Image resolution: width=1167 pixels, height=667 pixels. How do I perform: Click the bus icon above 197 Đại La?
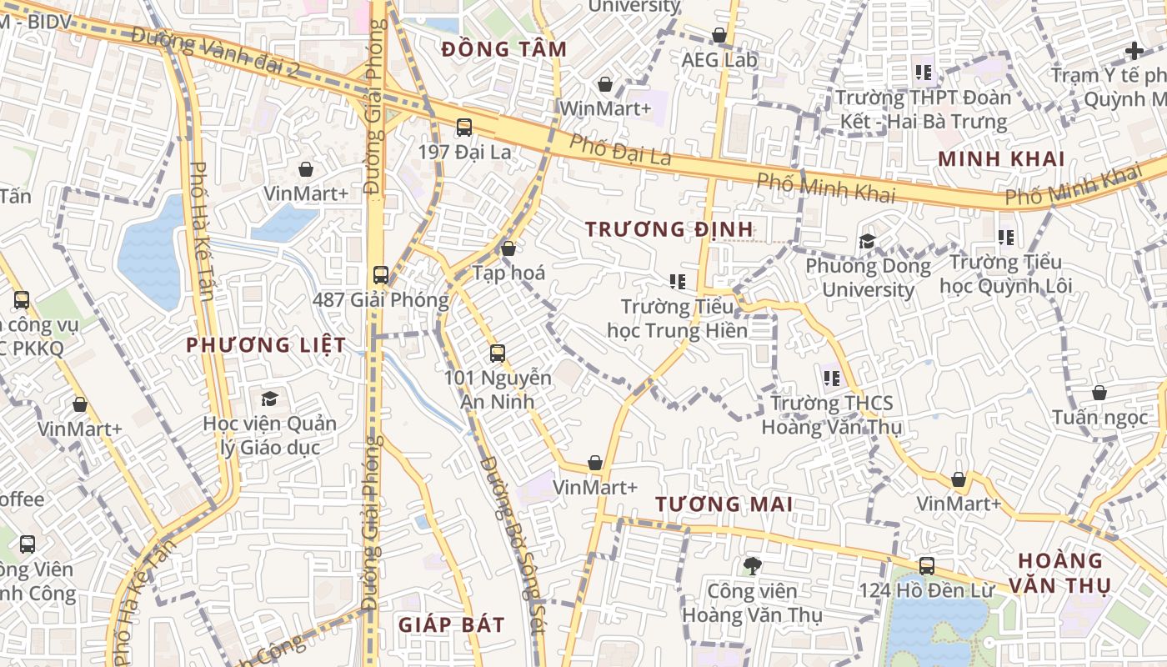pos(464,128)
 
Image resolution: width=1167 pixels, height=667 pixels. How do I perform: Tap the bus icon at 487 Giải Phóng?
pos(381,274)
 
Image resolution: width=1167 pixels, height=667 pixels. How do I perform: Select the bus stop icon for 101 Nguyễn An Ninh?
pos(498,353)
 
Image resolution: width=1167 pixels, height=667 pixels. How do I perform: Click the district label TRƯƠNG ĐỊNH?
pos(669,229)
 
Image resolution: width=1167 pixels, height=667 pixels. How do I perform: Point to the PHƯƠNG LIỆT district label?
pos(266,345)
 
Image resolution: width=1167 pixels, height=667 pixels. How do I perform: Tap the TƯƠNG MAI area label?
pos(724,504)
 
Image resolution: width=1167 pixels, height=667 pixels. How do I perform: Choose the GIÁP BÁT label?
pos(451,625)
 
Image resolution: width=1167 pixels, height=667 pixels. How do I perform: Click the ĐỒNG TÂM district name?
pos(504,49)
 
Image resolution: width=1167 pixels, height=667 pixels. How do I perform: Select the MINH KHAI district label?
pos(1001,159)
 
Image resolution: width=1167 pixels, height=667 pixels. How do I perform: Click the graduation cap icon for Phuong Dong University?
pos(867,242)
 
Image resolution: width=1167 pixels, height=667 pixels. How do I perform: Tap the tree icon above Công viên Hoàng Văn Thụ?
pos(752,566)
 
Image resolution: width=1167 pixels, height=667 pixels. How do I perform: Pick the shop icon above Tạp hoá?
pos(508,248)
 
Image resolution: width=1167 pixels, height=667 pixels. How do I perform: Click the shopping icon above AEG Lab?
pos(719,35)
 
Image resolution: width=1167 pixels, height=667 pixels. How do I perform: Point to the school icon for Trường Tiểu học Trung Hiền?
pos(677,282)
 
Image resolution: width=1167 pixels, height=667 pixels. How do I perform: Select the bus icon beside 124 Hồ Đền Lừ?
pos(926,566)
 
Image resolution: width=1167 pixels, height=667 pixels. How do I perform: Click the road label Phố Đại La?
pos(620,149)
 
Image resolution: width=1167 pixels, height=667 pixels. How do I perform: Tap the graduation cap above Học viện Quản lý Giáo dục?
pos(269,399)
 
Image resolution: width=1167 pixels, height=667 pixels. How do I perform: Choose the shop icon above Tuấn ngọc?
pos(1099,393)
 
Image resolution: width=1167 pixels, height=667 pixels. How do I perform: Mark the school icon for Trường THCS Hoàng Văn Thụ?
pos(831,379)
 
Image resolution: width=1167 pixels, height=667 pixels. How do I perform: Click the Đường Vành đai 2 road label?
pos(214,53)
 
